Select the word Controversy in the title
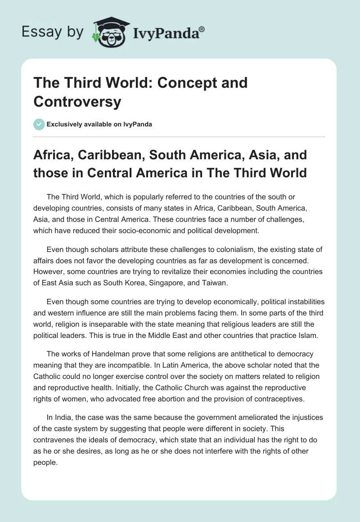click(x=77, y=101)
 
